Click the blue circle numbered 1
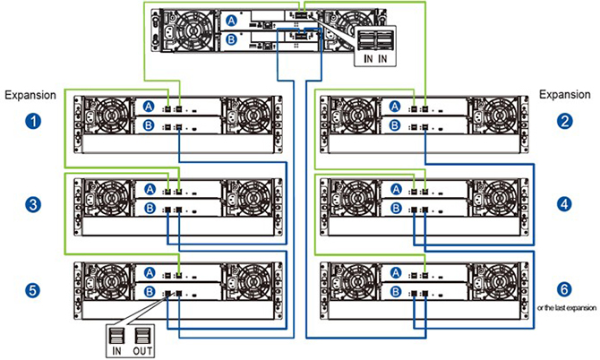click(33, 122)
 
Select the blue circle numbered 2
click(565, 122)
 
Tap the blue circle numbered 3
click(33, 204)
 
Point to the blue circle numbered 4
click(565, 204)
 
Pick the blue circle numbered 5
click(32, 289)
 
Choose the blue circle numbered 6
click(565, 289)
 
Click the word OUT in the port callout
click(142, 350)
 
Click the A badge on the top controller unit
click(232, 21)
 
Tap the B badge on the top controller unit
click(232, 39)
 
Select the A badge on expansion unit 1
click(149, 107)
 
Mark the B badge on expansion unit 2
click(395, 125)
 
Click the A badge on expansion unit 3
click(150, 189)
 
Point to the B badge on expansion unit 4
click(396, 208)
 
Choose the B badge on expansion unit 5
click(150, 292)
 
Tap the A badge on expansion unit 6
click(396, 273)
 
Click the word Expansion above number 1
click(30, 95)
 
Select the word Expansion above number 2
click(565, 95)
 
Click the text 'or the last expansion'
click(567, 307)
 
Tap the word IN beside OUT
click(116, 350)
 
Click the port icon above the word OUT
click(141, 336)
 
